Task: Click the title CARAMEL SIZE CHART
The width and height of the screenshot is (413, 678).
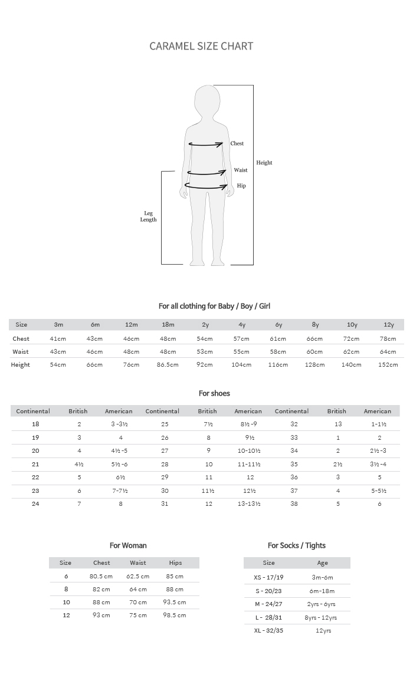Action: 201,46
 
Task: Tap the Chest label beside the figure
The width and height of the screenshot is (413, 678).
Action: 237,143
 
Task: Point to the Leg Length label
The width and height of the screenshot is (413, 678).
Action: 148,216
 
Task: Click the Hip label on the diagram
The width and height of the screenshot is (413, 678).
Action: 241,186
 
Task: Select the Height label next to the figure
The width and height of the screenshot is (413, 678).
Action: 264,163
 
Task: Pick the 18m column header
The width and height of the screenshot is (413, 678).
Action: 168,324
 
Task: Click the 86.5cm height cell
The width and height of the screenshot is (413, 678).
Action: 168,364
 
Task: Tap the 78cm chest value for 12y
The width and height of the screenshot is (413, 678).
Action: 388,338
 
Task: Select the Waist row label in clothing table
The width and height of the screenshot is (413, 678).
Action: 21,351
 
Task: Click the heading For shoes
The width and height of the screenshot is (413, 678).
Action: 214,393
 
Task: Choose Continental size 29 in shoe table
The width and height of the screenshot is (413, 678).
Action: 165,477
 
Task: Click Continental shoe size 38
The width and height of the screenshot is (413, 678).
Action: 294,503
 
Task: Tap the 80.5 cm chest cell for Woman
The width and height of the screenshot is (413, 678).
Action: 101,576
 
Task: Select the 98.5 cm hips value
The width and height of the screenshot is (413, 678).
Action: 175,615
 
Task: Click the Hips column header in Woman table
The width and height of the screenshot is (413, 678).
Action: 175,562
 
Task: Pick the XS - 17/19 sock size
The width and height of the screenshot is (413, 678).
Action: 268,577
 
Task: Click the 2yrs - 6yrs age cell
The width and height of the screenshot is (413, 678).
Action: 322,604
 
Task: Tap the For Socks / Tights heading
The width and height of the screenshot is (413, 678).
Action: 297,545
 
